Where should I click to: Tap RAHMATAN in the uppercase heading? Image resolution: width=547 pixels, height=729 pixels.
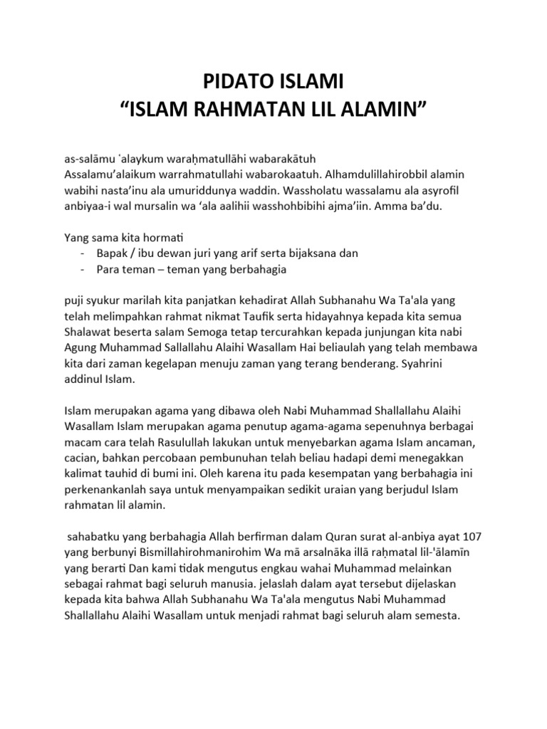[271, 111]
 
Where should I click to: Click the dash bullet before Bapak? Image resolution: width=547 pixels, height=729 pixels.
[84, 253]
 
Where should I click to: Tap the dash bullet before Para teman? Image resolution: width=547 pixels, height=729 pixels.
[84, 268]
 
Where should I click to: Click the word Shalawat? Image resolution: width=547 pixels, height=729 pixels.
[89, 331]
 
